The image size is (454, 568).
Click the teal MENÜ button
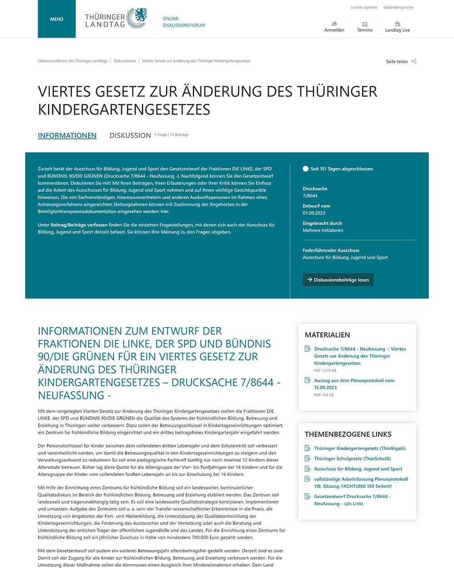(57, 19)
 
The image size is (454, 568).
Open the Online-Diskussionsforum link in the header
(183, 22)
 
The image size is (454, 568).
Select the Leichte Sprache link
(364, 7)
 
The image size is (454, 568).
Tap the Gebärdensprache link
(398, 7)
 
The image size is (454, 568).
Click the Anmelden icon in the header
(334, 24)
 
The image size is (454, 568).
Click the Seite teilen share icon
(414, 61)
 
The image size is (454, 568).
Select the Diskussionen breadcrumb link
(125, 61)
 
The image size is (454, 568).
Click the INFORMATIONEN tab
(67, 135)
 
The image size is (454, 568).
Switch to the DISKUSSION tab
(130, 135)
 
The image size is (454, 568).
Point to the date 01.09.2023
(314, 213)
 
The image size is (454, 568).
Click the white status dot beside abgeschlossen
(306, 169)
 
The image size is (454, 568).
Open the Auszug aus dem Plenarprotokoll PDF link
(354, 384)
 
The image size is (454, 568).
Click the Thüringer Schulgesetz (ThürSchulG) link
(352, 458)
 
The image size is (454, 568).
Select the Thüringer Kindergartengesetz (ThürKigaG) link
(360, 448)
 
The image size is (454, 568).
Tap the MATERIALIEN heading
(327, 335)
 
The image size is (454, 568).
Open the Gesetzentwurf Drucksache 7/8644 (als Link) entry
(352, 500)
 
